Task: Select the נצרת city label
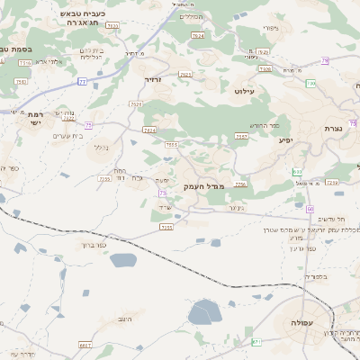click(x=335, y=129)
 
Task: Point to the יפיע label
click(x=286, y=139)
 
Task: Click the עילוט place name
click(x=246, y=91)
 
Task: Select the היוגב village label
click(x=125, y=320)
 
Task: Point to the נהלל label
click(x=101, y=147)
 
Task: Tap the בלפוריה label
click(x=318, y=276)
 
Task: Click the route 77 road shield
click(x=83, y=81)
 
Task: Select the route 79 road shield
click(x=325, y=60)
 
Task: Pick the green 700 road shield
click(x=310, y=83)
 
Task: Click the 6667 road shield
click(x=85, y=345)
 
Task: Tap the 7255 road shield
click(x=166, y=228)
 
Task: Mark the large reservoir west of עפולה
click(x=204, y=314)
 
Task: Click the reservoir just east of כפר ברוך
click(x=123, y=261)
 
